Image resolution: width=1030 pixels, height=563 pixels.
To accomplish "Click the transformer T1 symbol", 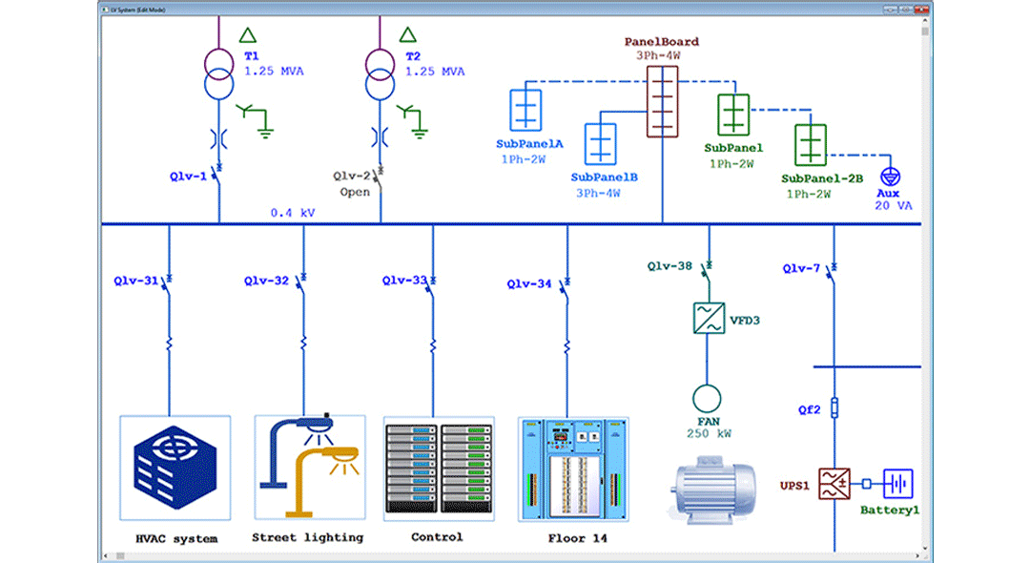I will tap(218, 73).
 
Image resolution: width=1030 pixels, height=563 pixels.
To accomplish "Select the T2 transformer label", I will tap(412, 56).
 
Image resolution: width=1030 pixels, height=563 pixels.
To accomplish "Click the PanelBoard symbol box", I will tap(662, 100).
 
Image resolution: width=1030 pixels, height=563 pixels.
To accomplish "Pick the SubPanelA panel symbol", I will tap(525, 110).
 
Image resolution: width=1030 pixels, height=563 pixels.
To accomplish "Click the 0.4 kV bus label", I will tap(292, 213).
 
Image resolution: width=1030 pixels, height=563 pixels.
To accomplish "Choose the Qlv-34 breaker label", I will tap(528, 283).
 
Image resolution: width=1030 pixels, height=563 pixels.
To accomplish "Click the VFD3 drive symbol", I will tap(708, 318).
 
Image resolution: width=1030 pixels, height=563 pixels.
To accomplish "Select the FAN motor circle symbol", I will tap(708, 398).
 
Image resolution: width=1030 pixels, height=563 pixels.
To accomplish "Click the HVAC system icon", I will tap(175, 468).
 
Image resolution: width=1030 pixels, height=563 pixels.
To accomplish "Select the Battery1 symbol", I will tap(897, 484).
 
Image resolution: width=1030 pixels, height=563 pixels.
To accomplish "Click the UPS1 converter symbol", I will tap(834, 484).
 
